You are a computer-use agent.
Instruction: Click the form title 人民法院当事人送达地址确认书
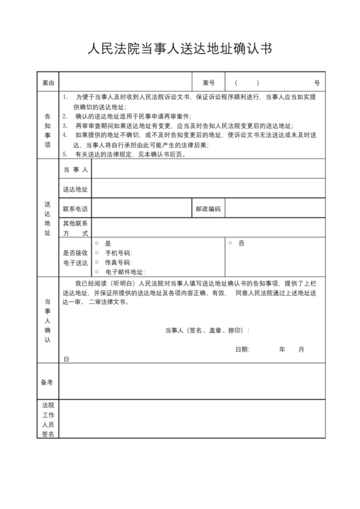pyautogui.click(x=179, y=49)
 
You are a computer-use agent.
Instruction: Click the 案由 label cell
pyautogui.click(x=48, y=84)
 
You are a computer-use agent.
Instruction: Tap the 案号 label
pyautogui.click(x=208, y=84)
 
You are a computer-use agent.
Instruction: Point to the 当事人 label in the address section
pyautogui.click(x=75, y=169)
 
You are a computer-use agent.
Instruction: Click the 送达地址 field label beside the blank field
pyautogui.click(x=75, y=189)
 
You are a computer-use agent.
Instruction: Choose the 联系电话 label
pyautogui.click(x=75, y=209)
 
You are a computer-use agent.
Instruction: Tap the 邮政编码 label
pyautogui.click(x=208, y=209)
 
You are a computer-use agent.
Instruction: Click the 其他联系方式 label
pyautogui.click(x=75, y=228)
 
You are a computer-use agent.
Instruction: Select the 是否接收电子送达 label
pyautogui.click(x=75, y=258)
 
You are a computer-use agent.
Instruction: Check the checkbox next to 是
pyautogui.click(x=97, y=244)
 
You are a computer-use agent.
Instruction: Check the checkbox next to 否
pyautogui.click(x=230, y=244)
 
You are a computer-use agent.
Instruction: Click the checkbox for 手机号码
pyautogui.click(x=97, y=253)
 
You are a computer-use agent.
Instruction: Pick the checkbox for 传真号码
pyautogui.click(x=97, y=263)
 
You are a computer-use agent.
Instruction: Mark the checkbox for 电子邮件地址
pyautogui.click(x=97, y=272)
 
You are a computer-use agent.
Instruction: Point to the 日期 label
pyautogui.click(x=242, y=349)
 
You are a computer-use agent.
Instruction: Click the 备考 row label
pyautogui.click(x=48, y=382)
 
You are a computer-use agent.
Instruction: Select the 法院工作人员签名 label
pyautogui.click(x=48, y=420)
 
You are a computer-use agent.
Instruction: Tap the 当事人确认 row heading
pyautogui.click(x=48, y=319)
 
